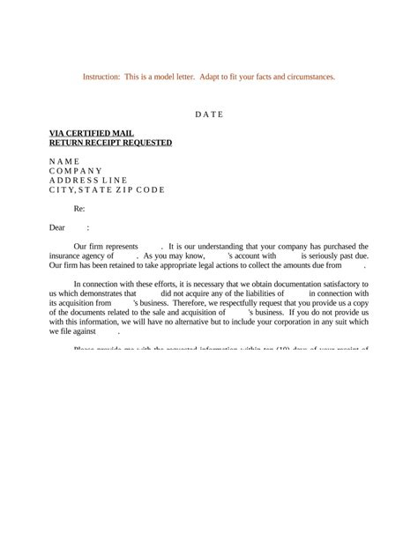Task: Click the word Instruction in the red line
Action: click(x=102, y=77)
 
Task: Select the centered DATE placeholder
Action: click(x=209, y=115)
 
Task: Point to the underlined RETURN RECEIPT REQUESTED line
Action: click(x=110, y=143)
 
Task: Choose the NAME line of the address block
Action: click(x=63, y=161)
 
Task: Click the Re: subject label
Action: click(x=78, y=209)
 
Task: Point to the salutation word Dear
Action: click(x=57, y=227)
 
